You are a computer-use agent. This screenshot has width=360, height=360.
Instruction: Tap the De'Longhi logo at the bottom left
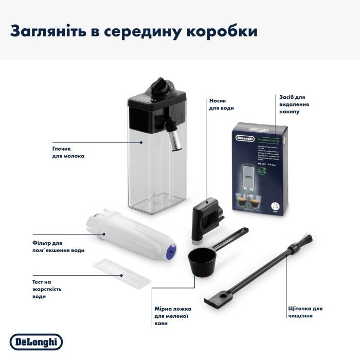point(37,341)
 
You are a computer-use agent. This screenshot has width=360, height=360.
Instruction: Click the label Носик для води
point(222,105)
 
